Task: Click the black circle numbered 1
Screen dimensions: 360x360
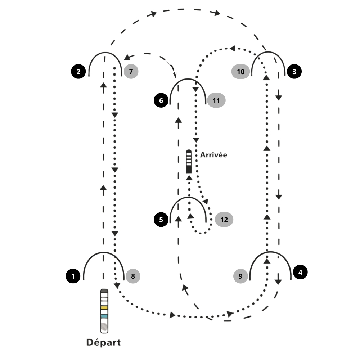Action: pos(73,276)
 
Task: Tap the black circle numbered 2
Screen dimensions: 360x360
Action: pos(78,71)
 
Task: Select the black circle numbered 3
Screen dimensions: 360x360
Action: pos(294,71)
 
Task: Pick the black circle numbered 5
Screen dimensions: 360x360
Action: pos(161,219)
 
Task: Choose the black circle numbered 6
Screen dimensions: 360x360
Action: pos(161,100)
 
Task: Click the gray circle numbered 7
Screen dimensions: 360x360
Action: pos(131,71)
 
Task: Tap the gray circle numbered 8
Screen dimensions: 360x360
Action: pos(132,276)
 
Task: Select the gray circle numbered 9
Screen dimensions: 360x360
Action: pos(240,276)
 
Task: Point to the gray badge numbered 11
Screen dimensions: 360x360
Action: pos(216,100)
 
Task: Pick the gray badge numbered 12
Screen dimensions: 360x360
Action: pos(224,219)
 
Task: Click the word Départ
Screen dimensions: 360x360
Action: pos(103,342)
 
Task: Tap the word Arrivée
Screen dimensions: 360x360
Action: pos(214,155)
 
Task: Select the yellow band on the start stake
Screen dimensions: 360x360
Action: pos(104,308)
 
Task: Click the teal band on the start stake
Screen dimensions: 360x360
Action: pos(104,316)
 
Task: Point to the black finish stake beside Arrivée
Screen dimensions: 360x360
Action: pos(188,162)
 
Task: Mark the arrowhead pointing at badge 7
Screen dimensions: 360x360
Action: pos(127,58)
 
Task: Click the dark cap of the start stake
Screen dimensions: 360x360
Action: pos(104,291)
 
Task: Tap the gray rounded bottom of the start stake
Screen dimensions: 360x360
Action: pos(104,327)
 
